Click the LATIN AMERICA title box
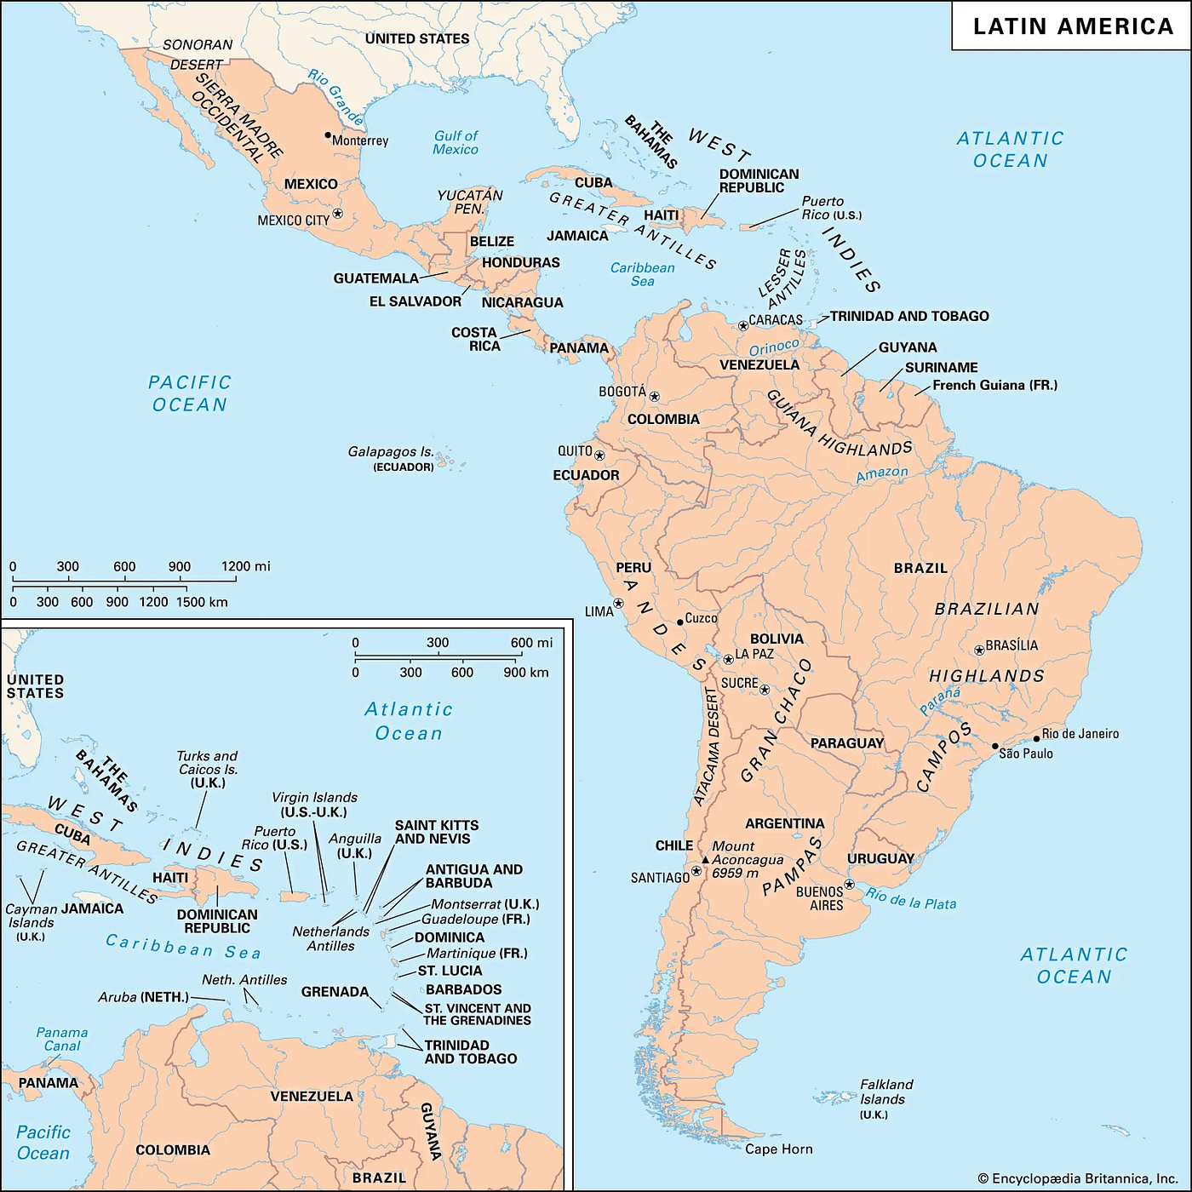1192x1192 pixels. click(x=1072, y=26)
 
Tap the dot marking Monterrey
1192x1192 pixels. click(x=328, y=135)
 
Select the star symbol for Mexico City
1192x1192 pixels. click(x=338, y=213)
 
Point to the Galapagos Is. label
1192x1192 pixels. click(x=391, y=452)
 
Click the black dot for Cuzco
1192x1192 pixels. click(x=679, y=622)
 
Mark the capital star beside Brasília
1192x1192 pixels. click(x=979, y=650)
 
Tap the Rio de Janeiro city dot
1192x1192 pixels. click(x=1036, y=738)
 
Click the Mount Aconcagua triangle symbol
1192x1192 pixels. click(x=705, y=860)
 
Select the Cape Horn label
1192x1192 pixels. click(x=779, y=1149)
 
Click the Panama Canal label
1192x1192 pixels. click(x=62, y=1039)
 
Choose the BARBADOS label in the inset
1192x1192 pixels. click(x=463, y=989)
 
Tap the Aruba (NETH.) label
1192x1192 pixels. click(x=143, y=997)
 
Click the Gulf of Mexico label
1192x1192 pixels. click(x=456, y=142)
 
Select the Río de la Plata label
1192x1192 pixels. click(x=910, y=898)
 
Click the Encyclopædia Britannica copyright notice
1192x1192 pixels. click(x=1078, y=1178)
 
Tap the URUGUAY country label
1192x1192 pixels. click(x=880, y=858)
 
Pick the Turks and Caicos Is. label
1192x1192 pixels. click(x=207, y=769)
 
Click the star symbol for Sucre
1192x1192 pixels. click(x=765, y=690)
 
